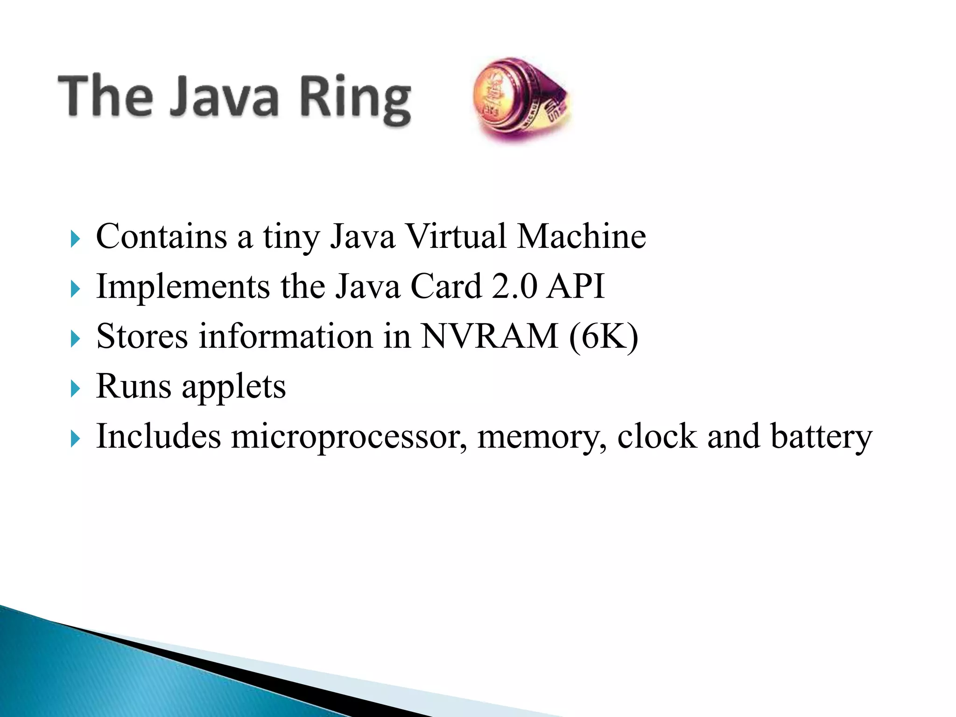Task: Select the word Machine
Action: coord(581,237)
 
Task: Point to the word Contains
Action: coord(162,237)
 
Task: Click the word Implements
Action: coord(183,287)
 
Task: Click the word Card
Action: coord(446,287)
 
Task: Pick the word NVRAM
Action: coord(489,336)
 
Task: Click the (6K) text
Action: coord(603,337)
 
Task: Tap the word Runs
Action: coord(134,386)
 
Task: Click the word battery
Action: coord(821,437)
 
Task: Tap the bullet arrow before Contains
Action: coord(75,239)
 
